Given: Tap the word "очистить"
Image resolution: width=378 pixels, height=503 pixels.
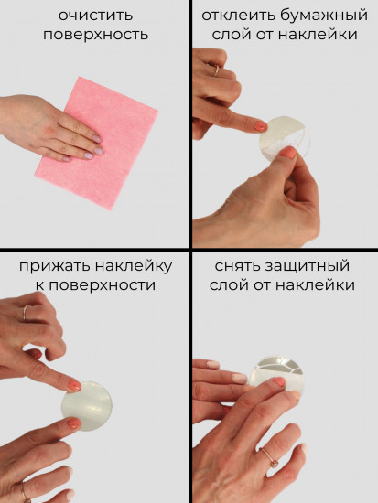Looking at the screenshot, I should coord(95,16).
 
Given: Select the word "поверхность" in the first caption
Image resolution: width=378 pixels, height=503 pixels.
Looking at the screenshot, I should coord(95,35).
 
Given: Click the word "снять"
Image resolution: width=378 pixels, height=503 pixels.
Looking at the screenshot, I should coord(241,266).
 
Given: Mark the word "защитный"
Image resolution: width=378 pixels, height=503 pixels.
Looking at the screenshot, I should coord(312,266).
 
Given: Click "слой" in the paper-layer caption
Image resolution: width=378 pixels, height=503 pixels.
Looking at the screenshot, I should coord(230,35).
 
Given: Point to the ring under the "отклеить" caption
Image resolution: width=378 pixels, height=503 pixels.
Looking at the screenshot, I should coord(216,69).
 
